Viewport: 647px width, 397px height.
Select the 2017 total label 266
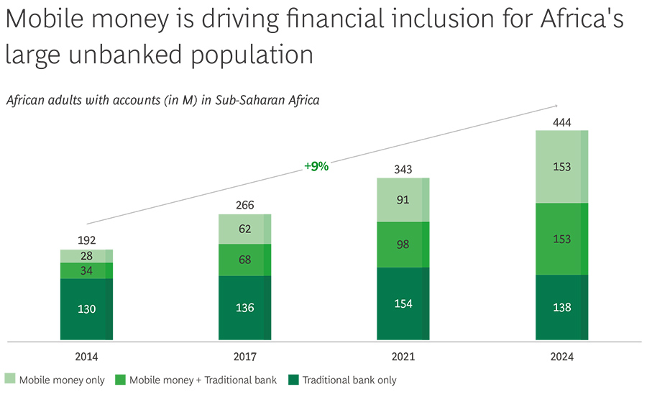tap(245, 205)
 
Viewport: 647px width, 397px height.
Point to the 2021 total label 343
tap(403, 169)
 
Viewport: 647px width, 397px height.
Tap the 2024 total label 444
tap(561, 122)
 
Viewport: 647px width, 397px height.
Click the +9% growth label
tap(316, 166)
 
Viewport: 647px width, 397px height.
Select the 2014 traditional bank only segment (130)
tap(86, 309)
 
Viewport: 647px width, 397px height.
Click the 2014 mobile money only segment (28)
tap(86, 256)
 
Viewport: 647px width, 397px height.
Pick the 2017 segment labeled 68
tap(245, 260)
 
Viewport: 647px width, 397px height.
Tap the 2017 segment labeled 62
tap(245, 229)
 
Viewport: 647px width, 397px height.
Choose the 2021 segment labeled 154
tap(403, 304)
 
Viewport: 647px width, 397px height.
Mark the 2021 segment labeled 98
tap(403, 245)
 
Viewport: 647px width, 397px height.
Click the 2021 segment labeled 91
tap(403, 200)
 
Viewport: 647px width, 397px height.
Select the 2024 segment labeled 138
tap(561, 307)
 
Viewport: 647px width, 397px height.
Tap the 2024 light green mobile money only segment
tap(561, 167)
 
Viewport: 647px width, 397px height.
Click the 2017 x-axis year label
tap(245, 356)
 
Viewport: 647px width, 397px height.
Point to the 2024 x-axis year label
tap(561, 356)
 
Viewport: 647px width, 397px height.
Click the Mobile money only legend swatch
tap(10, 380)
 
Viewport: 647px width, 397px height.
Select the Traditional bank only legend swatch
tap(293, 380)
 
